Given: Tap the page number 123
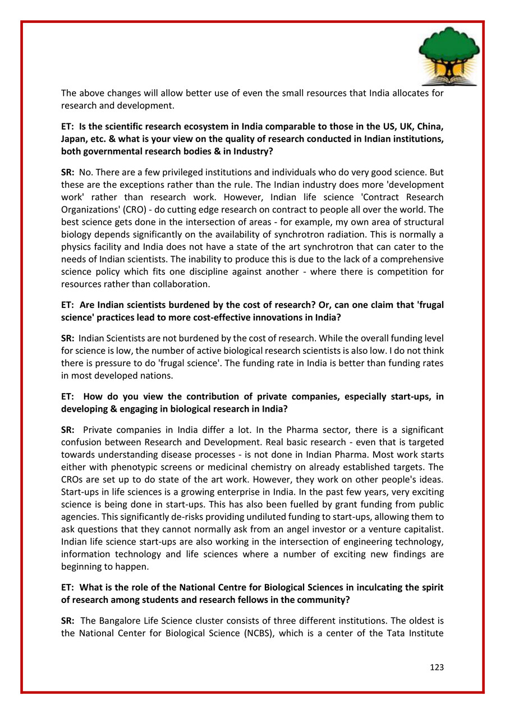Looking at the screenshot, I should (437, 667).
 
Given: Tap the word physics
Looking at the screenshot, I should (79, 247).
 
